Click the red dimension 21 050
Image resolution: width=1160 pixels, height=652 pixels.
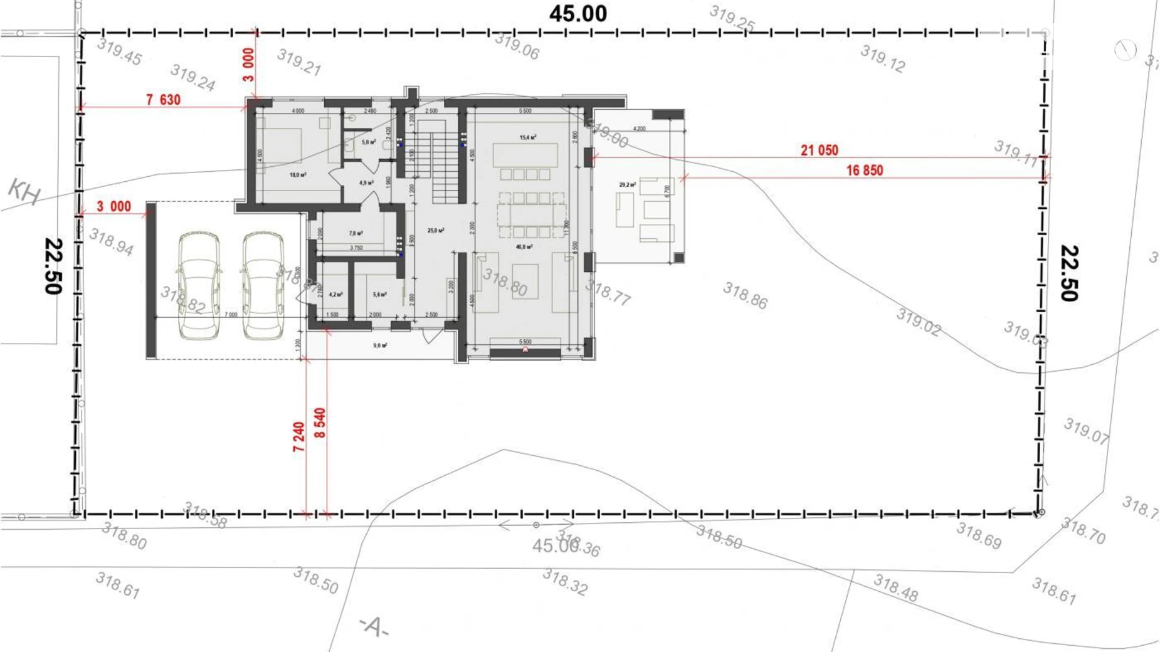[x=819, y=150]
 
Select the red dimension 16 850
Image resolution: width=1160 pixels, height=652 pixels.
[x=864, y=171]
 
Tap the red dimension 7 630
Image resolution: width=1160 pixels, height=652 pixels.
[x=163, y=100]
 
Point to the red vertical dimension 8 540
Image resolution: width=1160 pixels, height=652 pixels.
[x=320, y=423]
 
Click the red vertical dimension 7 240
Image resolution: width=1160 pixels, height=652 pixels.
[x=298, y=437]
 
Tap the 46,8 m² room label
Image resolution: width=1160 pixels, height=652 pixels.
[x=524, y=247]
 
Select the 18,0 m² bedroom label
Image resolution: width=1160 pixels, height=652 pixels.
[x=298, y=175]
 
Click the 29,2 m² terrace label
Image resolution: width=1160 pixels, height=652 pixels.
[x=627, y=185]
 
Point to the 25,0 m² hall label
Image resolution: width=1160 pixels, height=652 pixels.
[x=436, y=231]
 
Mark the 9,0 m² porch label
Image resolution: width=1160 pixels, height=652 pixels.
[x=380, y=345]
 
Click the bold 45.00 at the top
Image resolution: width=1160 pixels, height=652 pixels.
[x=577, y=14]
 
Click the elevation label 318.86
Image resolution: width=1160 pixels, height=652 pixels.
[x=745, y=295]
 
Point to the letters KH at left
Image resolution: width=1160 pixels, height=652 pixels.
[x=24, y=191]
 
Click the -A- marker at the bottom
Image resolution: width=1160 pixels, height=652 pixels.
[x=374, y=626]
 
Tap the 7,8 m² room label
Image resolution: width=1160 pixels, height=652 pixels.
[x=356, y=233]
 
